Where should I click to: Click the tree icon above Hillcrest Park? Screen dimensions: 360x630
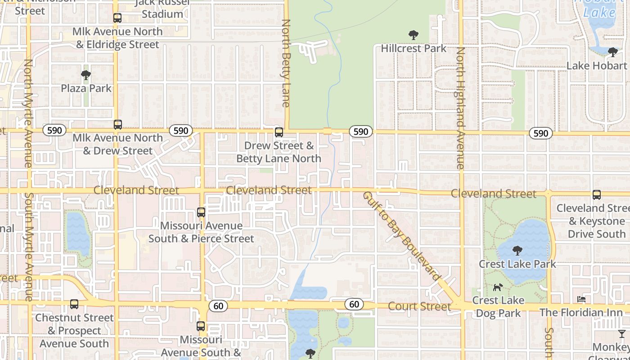point(413,35)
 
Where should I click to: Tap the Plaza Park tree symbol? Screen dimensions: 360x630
point(86,75)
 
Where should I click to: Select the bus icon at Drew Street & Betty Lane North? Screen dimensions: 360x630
point(279,132)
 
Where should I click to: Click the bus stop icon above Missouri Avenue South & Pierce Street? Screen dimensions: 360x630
point(201,212)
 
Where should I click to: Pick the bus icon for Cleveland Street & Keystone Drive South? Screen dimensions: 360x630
point(597,195)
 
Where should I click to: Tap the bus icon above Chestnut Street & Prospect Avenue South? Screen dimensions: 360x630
point(74,304)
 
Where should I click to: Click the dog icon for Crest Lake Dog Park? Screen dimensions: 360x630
point(498,287)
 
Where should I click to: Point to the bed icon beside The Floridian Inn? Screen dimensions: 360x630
point(581,299)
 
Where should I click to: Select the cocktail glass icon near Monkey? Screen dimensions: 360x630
point(622,333)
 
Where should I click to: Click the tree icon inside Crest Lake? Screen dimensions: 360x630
point(517,250)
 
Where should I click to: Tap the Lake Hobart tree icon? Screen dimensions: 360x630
point(612,52)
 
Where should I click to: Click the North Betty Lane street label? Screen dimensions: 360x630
point(286,63)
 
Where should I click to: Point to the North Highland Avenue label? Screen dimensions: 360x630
point(460,108)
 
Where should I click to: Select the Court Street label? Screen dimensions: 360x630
point(419,306)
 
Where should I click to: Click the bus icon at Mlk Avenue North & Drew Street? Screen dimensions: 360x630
point(118,125)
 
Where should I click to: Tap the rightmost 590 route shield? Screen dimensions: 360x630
point(540,133)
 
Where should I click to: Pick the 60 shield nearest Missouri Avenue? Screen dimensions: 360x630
point(218,306)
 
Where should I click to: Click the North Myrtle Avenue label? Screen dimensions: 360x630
point(28,112)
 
